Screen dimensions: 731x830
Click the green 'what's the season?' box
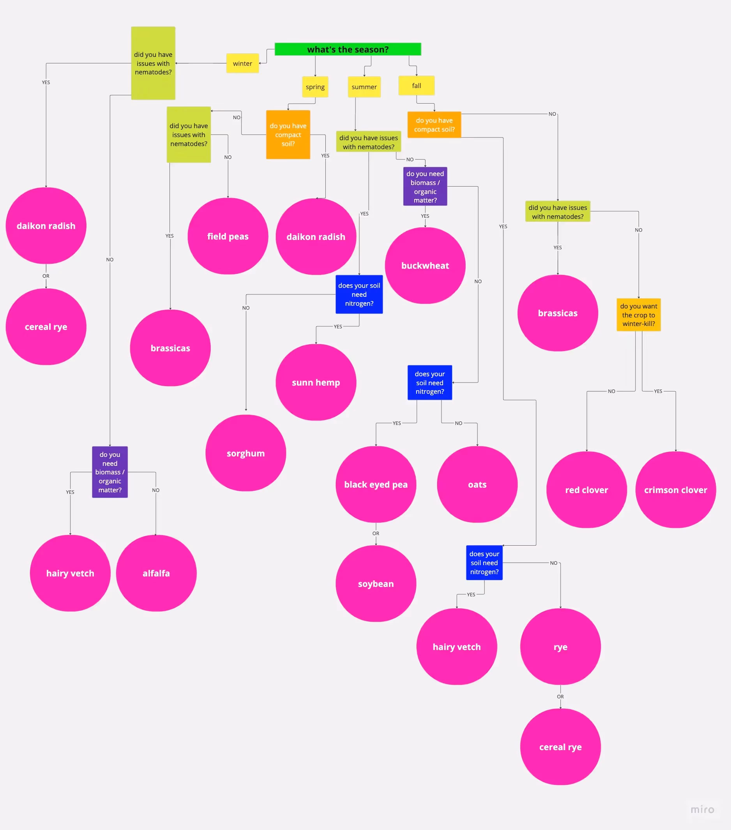pos(348,49)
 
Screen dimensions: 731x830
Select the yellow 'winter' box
pos(243,63)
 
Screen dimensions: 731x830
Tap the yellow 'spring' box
pos(315,87)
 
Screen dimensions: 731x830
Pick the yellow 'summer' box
pos(364,87)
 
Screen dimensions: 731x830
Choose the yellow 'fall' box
pos(417,86)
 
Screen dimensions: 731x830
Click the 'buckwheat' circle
pos(425,266)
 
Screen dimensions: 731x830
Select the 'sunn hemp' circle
pos(316,382)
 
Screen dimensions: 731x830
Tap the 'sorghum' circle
pos(245,453)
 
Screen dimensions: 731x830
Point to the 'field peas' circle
pos(228,236)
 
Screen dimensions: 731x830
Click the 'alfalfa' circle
pos(156,573)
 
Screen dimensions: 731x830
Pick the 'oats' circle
pos(477,485)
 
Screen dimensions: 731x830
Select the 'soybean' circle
pos(376,583)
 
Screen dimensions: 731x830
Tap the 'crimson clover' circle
pos(675,490)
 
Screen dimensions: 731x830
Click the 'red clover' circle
pos(586,490)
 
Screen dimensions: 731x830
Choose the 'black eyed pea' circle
pos(376,485)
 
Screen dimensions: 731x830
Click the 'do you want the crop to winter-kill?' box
pos(638,315)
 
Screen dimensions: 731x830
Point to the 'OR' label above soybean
pos(376,534)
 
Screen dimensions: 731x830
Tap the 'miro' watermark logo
pos(702,809)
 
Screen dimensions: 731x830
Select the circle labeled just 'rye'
pos(560,647)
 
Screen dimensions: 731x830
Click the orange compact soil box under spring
pos(288,134)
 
